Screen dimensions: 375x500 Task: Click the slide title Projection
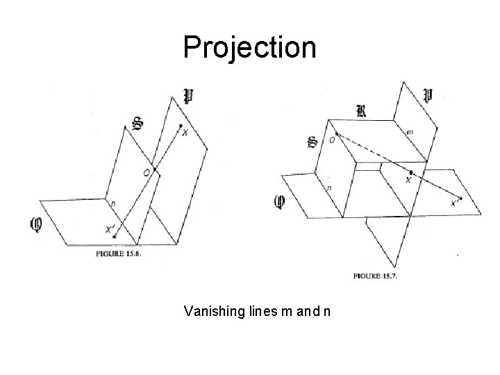(x=249, y=47)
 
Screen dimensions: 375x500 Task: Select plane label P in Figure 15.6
(x=187, y=96)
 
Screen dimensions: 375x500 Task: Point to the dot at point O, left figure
(x=153, y=167)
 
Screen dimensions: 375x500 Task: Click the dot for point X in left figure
(x=181, y=126)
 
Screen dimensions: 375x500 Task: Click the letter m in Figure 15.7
(x=410, y=131)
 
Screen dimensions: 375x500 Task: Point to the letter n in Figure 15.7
(x=328, y=187)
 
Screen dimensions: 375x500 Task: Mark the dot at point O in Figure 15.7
(x=336, y=134)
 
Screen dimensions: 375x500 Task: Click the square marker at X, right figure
(x=411, y=172)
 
